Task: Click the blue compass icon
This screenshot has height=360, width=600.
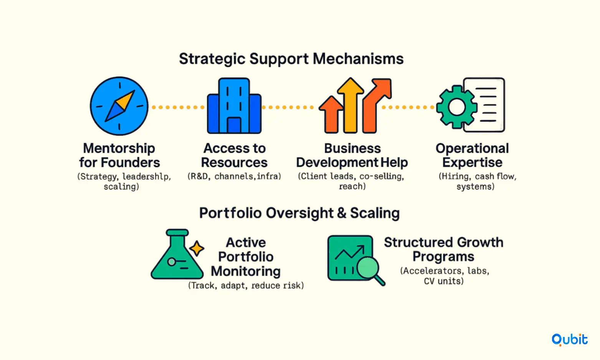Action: click(x=119, y=106)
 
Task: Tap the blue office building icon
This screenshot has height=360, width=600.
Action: click(x=234, y=106)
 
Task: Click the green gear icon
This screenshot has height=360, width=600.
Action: click(x=457, y=107)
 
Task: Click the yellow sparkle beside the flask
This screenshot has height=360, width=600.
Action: click(x=197, y=248)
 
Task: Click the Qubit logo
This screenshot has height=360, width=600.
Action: click(x=569, y=340)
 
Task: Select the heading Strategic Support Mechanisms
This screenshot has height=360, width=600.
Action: click(x=291, y=59)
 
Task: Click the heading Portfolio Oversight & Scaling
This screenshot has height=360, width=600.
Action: click(x=299, y=213)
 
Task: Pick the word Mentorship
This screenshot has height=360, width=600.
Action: click(x=119, y=149)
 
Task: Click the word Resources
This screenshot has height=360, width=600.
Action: click(x=235, y=163)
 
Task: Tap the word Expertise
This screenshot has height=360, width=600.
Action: click(x=472, y=163)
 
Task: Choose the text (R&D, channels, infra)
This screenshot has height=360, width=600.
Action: click(x=234, y=176)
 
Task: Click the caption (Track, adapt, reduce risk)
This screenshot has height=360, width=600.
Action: click(x=246, y=286)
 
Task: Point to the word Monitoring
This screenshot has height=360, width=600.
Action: click(x=246, y=271)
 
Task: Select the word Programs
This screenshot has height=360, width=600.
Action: click(x=443, y=257)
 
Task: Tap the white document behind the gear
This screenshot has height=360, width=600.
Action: click(x=484, y=105)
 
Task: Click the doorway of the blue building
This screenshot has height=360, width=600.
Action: click(x=234, y=126)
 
